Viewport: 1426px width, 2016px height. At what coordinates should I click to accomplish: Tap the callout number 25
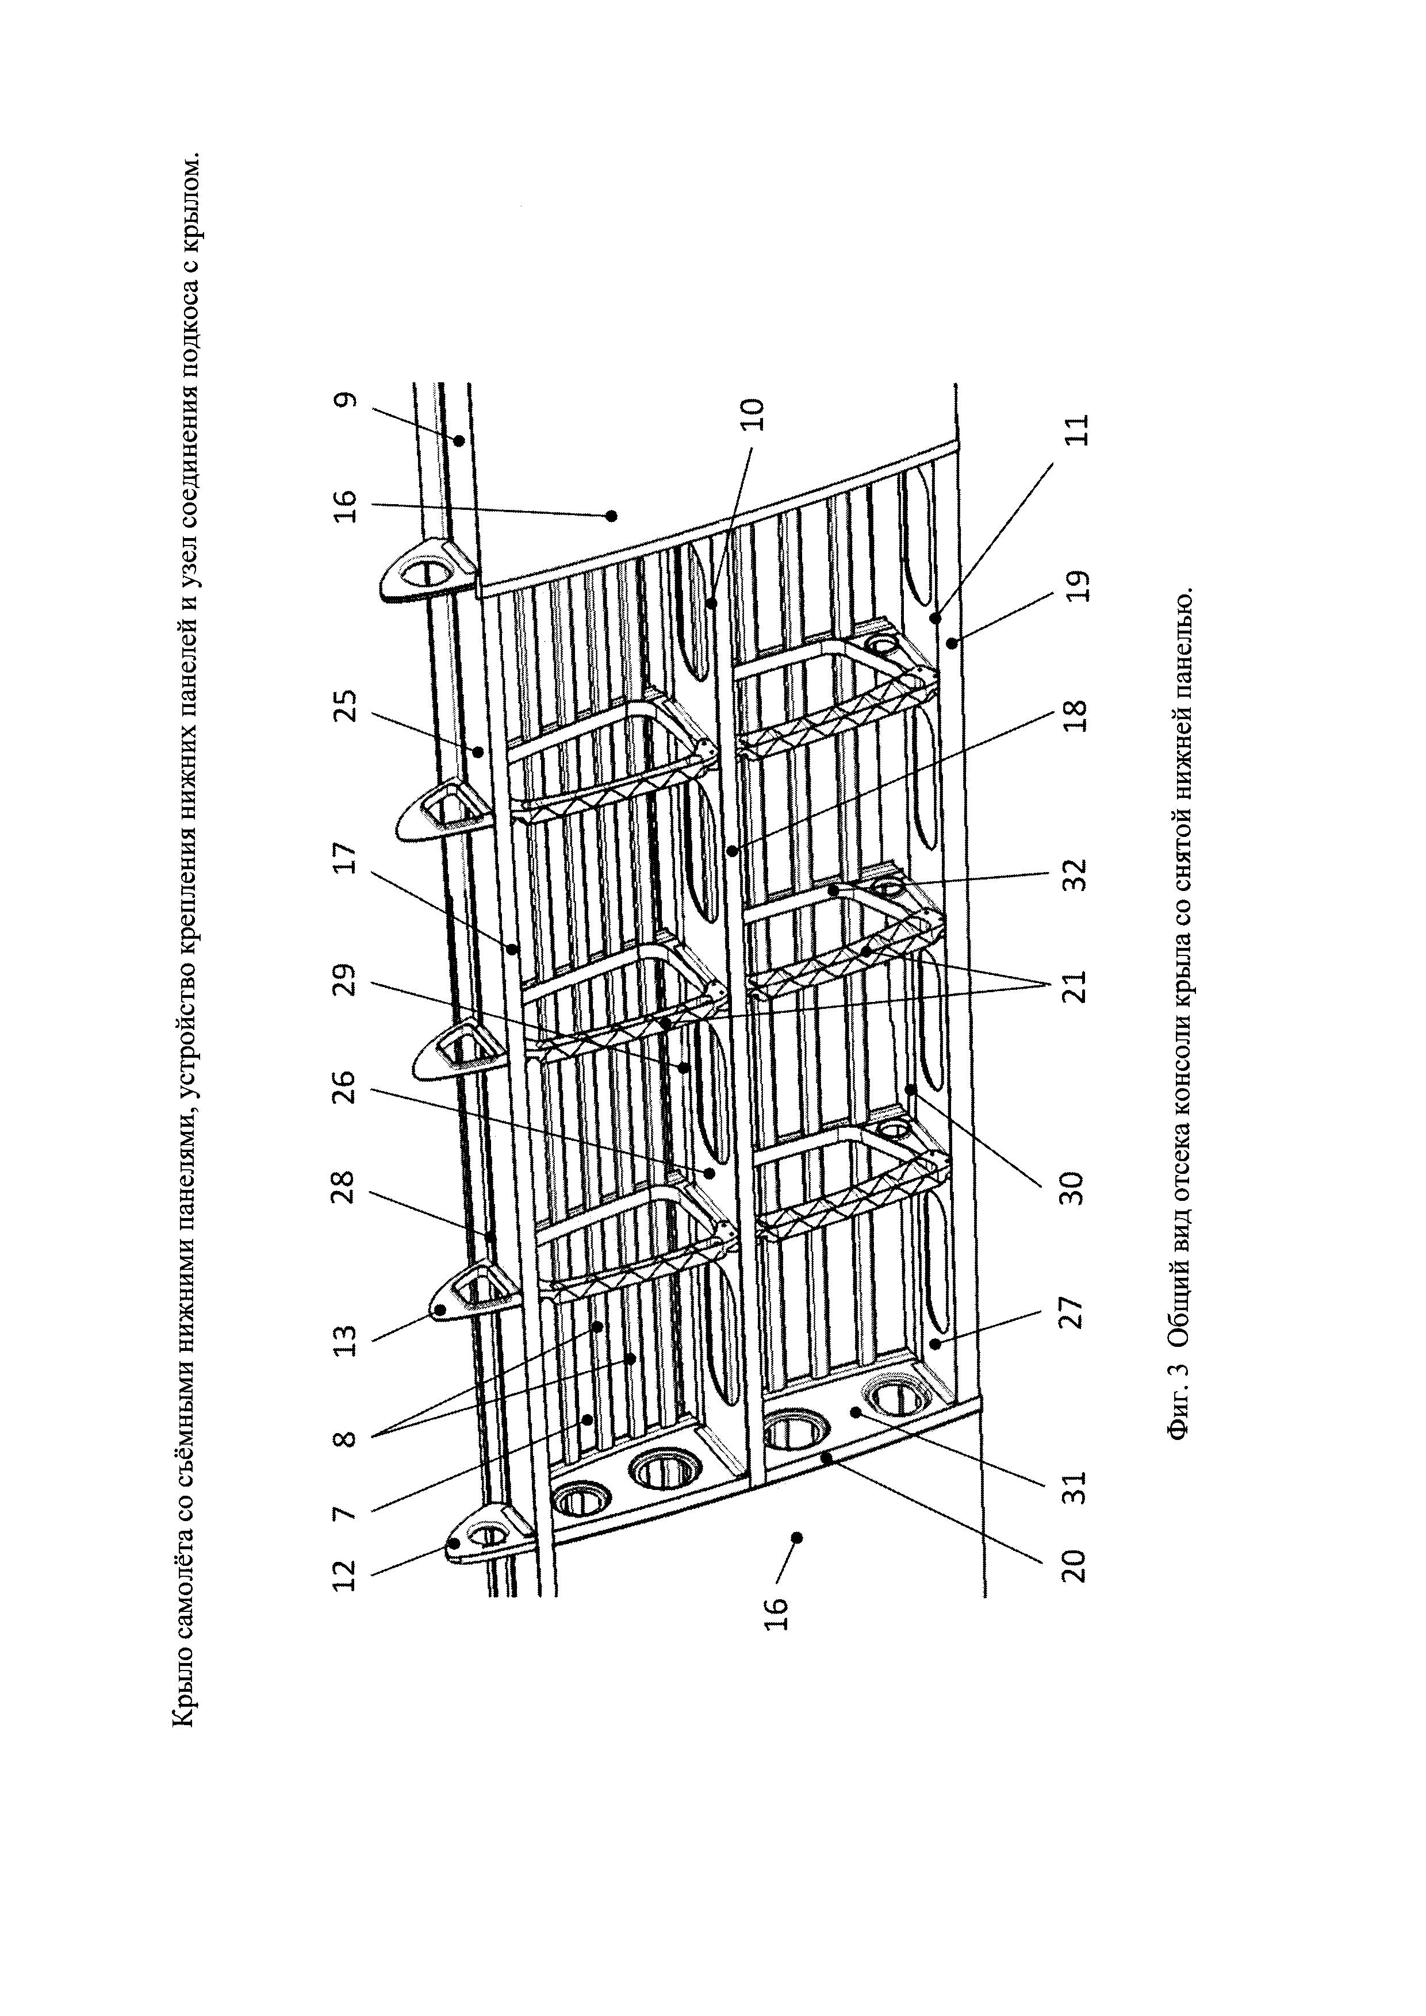[x=347, y=706]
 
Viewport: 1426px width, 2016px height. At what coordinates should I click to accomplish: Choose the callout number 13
[x=347, y=1340]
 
